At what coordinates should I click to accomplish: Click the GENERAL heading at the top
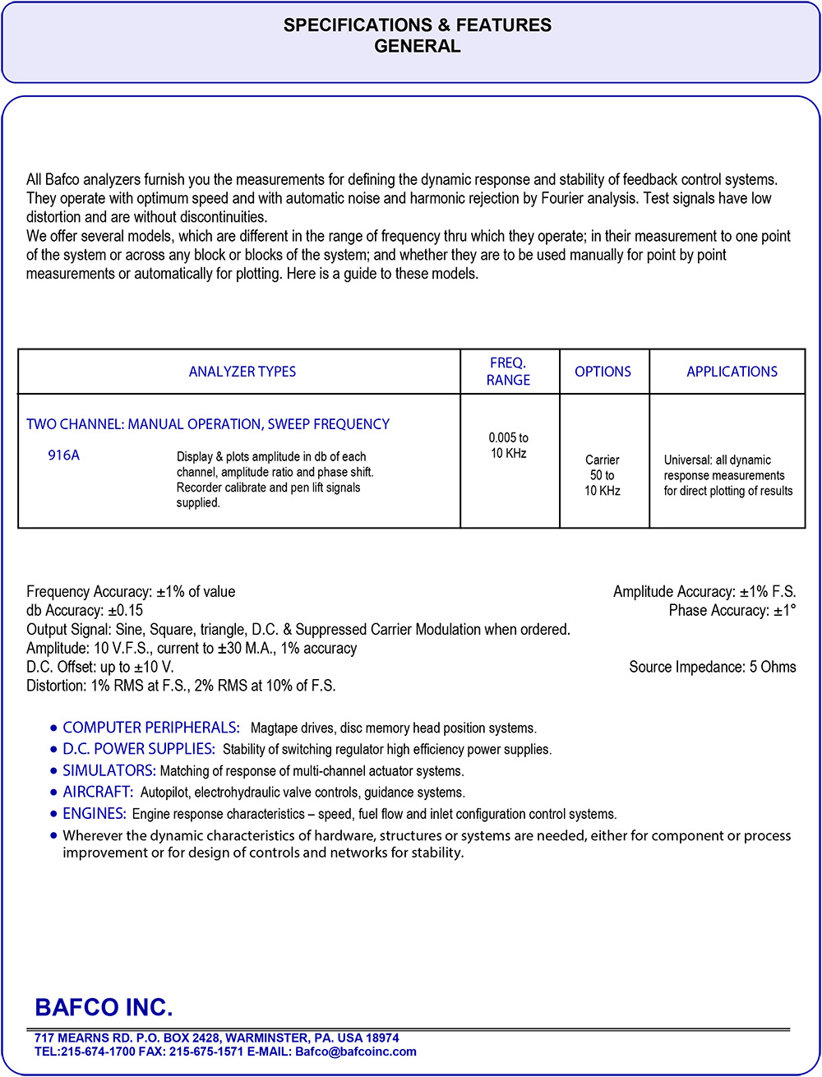point(417,47)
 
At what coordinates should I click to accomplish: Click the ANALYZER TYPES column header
point(242,372)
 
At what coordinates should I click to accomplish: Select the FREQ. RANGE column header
point(509,372)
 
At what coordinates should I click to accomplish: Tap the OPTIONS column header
point(603,372)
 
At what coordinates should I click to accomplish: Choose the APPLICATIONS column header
point(732,372)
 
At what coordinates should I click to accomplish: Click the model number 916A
point(63,455)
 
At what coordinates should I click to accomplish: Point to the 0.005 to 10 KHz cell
point(509,446)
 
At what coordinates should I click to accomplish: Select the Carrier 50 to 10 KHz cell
point(603,475)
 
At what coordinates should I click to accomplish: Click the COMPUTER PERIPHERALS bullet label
point(151,728)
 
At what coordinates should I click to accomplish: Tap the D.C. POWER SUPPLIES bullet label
point(139,749)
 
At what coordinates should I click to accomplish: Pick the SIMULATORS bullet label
point(109,770)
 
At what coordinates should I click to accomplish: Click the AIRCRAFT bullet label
point(98,792)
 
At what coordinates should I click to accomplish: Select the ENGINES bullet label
point(95,813)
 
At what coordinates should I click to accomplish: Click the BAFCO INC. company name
point(104,1007)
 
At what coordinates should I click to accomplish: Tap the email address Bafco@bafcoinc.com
point(356,1052)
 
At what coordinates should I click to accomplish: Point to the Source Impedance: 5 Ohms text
point(713,667)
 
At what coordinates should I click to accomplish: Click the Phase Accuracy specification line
point(732,610)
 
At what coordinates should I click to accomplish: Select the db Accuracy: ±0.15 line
point(85,610)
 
